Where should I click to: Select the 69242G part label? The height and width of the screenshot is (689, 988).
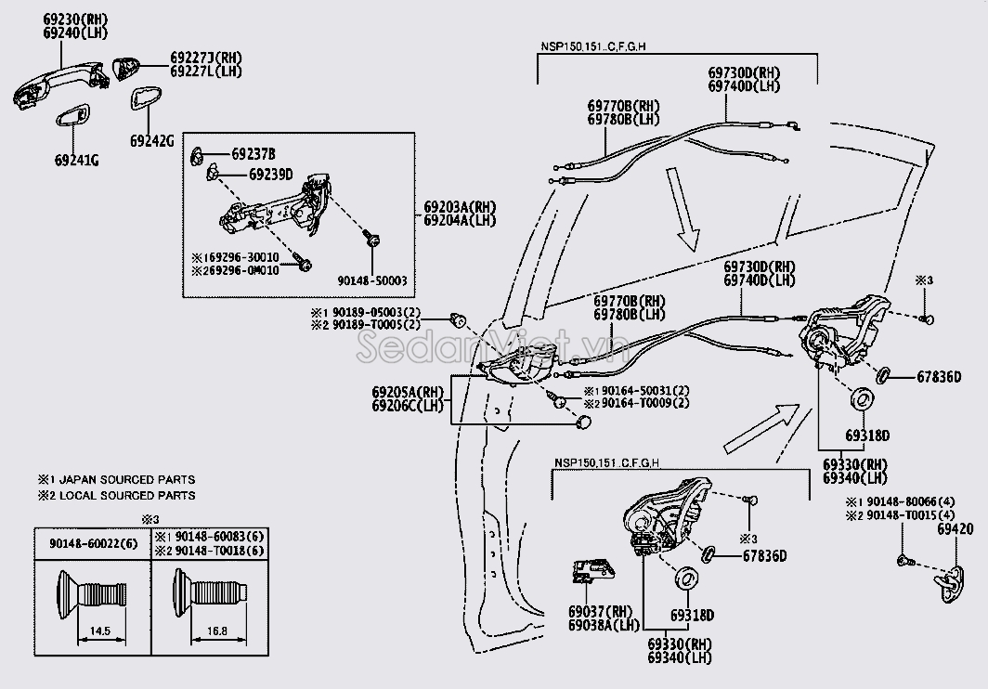click(x=152, y=140)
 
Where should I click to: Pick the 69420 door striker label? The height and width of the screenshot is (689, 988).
click(x=955, y=528)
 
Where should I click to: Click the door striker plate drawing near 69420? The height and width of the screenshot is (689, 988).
click(x=952, y=580)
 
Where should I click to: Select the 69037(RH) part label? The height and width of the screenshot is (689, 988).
click(x=600, y=612)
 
